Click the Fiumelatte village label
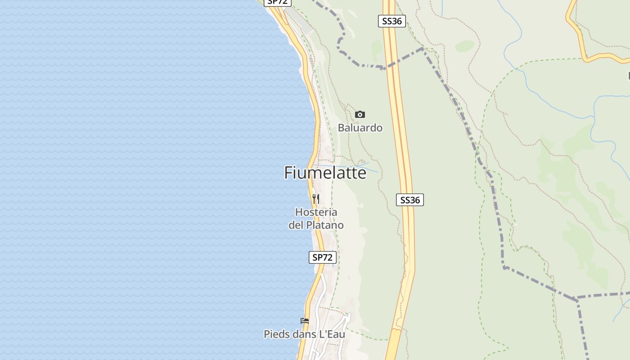tap(325, 173)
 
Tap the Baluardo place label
tap(360, 128)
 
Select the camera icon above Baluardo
tap(360, 114)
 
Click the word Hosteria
tap(316, 212)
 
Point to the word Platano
tap(325, 225)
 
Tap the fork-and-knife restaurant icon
tap(316, 199)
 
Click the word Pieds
tap(276, 334)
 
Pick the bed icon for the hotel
tap(305, 321)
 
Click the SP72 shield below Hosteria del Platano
tap(323, 257)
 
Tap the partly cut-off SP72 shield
tap(277, 2)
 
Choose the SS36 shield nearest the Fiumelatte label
tap(410, 200)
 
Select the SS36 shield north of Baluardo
tap(391, 21)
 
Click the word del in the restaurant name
tap(296, 225)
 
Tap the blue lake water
tap(135, 180)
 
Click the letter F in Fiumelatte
tap(289, 173)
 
